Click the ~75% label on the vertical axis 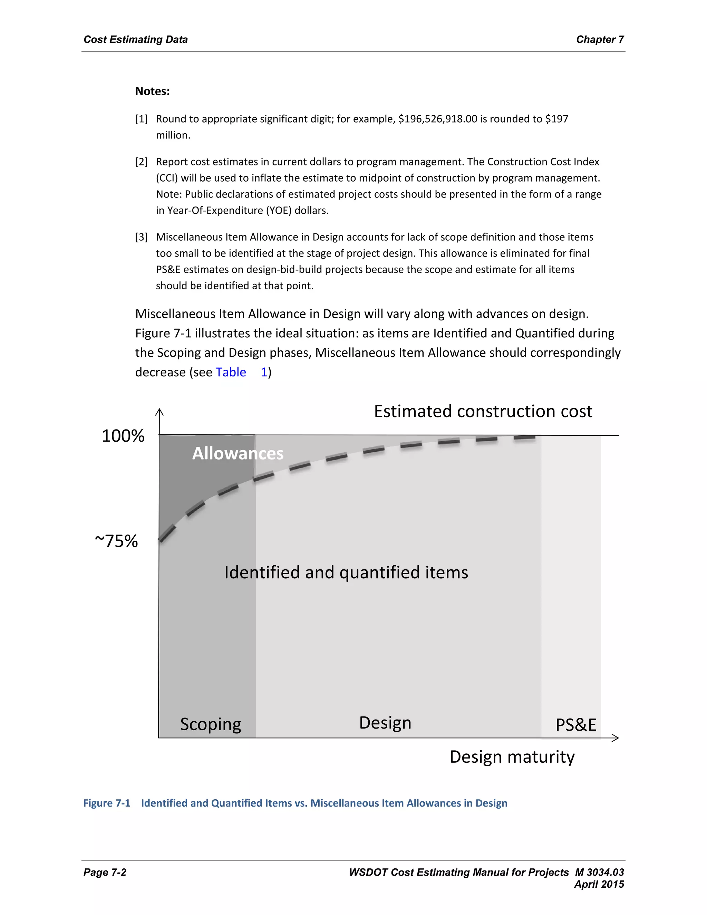click(116, 541)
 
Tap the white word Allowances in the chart click(238, 454)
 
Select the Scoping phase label click(210, 724)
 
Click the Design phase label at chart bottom click(385, 723)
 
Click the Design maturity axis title click(512, 757)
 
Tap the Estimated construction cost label click(483, 412)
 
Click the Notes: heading click(153, 91)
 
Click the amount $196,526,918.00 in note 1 click(437, 119)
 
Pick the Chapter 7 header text click(600, 39)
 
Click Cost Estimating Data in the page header click(136, 39)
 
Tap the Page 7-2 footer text click(105, 872)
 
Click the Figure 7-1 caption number click(107, 803)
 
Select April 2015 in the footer click(599, 884)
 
